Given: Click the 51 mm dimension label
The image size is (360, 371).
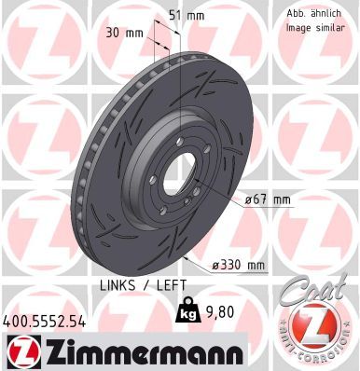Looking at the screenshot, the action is (x=187, y=16).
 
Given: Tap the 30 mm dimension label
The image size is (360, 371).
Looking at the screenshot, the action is (x=124, y=33).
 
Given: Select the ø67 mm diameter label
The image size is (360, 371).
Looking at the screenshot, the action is (x=268, y=199).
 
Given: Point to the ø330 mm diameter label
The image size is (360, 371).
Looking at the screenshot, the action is (x=238, y=265).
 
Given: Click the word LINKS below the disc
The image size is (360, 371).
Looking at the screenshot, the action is (x=118, y=285).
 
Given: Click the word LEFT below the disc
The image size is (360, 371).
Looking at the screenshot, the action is (x=172, y=285).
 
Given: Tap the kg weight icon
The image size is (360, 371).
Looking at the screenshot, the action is (x=187, y=309).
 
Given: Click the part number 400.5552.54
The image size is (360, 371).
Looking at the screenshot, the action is (x=44, y=322).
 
